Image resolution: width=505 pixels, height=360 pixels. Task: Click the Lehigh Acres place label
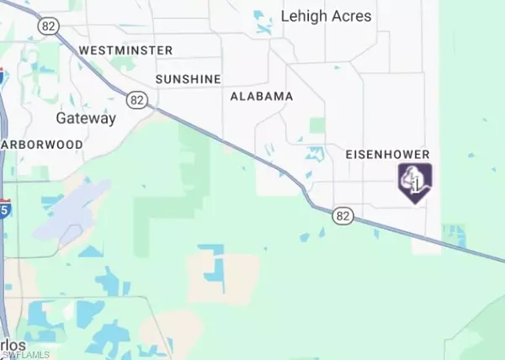tap(326, 16)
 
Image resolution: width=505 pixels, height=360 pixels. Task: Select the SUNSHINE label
tap(188, 79)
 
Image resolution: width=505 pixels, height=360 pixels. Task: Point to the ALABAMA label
tap(262, 96)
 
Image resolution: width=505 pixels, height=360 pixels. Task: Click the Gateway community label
tap(86, 119)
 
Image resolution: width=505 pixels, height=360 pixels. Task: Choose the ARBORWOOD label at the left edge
tap(42, 145)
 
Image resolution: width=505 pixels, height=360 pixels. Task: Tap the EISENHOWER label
tap(388, 155)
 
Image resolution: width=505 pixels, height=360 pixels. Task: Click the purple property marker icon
tap(415, 182)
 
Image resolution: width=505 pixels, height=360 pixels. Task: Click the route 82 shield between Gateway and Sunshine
tap(137, 100)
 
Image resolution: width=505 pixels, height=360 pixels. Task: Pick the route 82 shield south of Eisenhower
tap(342, 215)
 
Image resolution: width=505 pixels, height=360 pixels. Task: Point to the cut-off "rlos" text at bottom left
tap(13, 345)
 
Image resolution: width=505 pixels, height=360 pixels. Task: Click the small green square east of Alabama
tap(316, 125)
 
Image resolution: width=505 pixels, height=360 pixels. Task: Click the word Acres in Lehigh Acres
tap(351, 16)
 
